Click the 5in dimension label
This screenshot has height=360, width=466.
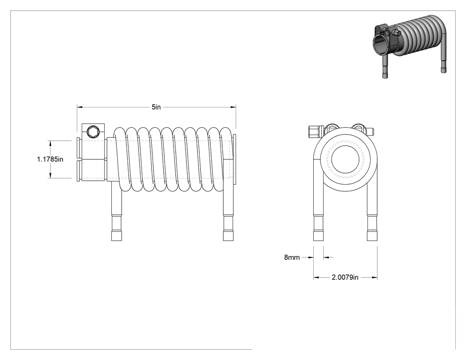pyautogui.click(x=156, y=107)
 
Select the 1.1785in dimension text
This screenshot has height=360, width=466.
pyautogui.click(x=50, y=159)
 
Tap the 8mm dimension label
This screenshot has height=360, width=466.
pyautogui.click(x=292, y=257)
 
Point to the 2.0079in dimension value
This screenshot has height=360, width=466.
pyautogui.click(x=345, y=277)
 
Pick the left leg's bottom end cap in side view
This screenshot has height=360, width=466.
pyautogui.click(x=116, y=235)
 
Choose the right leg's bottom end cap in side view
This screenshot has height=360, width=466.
pyautogui.click(x=228, y=235)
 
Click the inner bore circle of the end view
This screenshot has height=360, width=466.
pyautogui.click(x=345, y=159)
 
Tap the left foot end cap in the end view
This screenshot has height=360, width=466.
pyautogui.click(x=318, y=235)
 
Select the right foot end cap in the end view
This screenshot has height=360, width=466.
pyautogui.click(x=372, y=235)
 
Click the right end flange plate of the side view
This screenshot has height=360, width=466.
pyautogui.click(x=234, y=159)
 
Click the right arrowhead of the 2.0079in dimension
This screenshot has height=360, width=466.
pyautogui.click(x=375, y=277)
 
